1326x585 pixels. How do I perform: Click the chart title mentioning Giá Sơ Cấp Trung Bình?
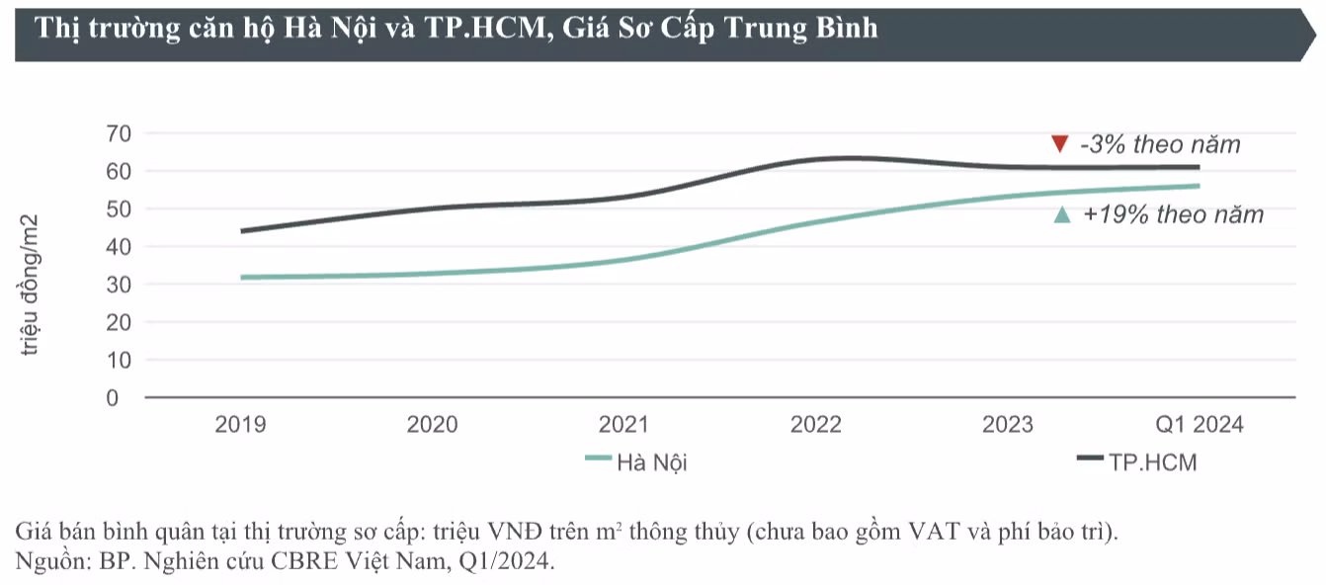coord(456,28)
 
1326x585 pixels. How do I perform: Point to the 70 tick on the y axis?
coord(118,133)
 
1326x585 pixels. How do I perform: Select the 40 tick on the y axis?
coord(118,247)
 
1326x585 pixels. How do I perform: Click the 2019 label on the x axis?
coord(240,425)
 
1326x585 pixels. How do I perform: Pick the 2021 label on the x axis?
coord(623,425)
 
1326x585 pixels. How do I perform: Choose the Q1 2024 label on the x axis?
coord(1200,425)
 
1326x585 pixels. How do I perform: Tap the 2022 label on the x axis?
coord(815,425)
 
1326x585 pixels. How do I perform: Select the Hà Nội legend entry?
coord(636,461)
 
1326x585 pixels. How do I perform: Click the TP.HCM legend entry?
coord(1136,461)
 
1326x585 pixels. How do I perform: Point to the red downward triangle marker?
coord(1059,144)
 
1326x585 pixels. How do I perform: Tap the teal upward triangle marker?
coord(1062,214)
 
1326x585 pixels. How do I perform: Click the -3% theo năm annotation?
coord(1159,144)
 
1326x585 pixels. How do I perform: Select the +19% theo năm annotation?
coord(1173,214)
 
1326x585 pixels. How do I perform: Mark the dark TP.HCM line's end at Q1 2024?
coord(1199,167)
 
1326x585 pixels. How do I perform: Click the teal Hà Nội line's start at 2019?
coord(241,278)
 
